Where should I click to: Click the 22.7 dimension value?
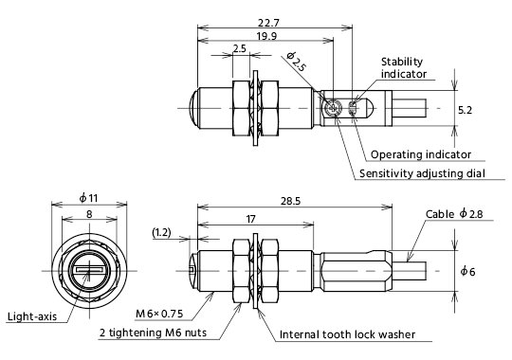tap(268, 23)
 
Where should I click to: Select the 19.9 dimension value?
tap(266, 36)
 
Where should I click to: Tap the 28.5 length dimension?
tap(290, 201)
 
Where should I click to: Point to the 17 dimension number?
tap(250, 219)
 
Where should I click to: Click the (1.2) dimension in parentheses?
tap(161, 232)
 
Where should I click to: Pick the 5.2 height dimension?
tap(465, 110)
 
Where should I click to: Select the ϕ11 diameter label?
tap(88, 198)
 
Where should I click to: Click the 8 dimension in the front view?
tap(89, 214)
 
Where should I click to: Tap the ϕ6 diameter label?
tap(467, 271)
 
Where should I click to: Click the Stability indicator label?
tap(404, 68)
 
